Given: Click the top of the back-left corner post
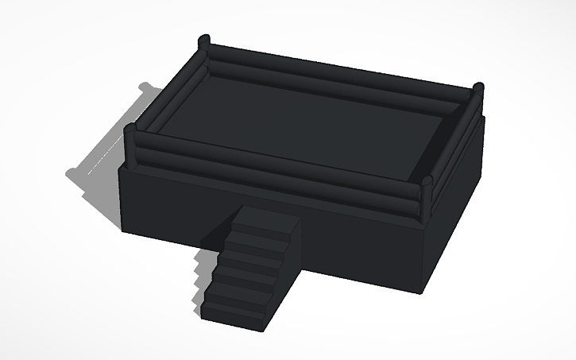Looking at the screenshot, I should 203,39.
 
